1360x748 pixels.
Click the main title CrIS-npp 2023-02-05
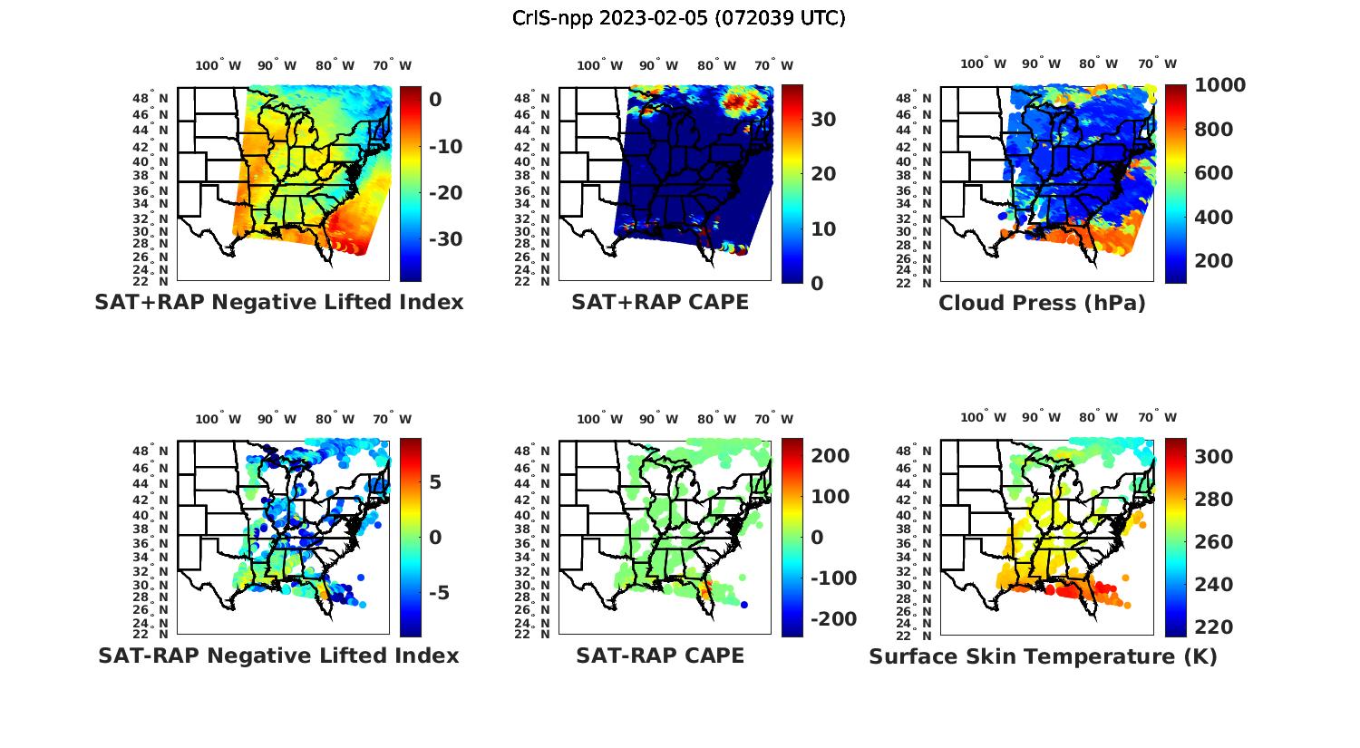[679, 17]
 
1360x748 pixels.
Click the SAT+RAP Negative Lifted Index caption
[279, 302]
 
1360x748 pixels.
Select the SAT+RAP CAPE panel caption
[660, 302]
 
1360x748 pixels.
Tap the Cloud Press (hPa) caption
[1042, 303]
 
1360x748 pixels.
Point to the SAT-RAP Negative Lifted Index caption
[278, 656]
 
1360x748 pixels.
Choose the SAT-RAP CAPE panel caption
[660, 656]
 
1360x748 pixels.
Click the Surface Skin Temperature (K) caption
[1043, 656]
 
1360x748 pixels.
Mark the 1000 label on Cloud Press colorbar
[1220, 85]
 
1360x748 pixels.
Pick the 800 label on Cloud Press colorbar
[1214, 130]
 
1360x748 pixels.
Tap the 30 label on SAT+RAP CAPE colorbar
[822, 120]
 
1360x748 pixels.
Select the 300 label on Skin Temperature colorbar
[1214, 457]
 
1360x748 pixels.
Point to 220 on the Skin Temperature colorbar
[1214, 627]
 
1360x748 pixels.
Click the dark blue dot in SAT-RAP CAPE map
[744, 605]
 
